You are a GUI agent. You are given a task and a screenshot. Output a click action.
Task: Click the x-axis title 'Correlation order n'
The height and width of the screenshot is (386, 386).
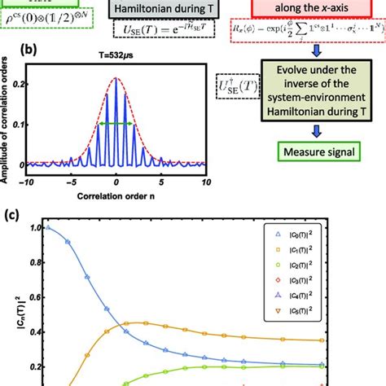click(x=116, y=197)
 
